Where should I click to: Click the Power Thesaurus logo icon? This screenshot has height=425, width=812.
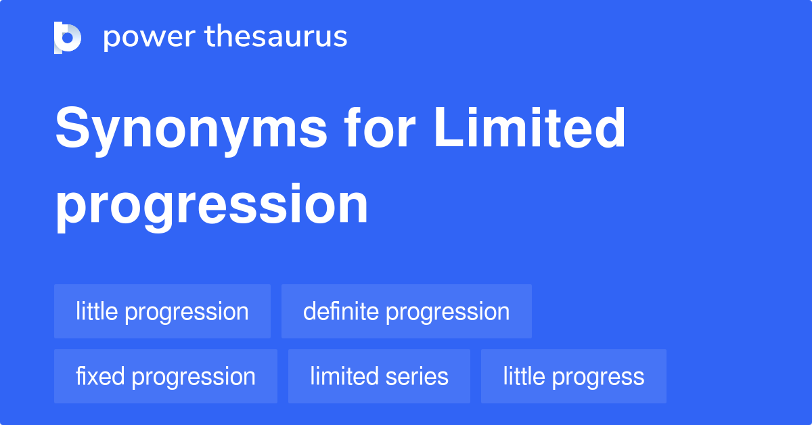(x=68, y=37)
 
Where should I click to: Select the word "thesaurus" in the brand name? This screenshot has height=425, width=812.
(x=276, y=37)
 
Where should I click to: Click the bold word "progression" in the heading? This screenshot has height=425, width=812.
(x=212, y=206)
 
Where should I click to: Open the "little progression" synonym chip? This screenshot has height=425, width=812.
(x=162, y=311)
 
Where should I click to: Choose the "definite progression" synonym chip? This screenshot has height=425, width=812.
(x=406, y=311)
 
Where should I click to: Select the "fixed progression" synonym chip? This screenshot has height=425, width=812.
(x=165, y=376)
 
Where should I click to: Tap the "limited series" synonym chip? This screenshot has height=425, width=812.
(x=379, y=376)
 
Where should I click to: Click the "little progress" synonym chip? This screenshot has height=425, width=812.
(x=573, y=376)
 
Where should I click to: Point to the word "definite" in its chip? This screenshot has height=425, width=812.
(x=342, y=311)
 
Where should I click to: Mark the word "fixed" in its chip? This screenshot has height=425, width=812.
(x=100, y=376)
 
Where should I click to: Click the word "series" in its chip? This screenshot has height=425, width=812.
(x=423, y=376)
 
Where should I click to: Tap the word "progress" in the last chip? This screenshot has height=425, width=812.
(x=602, y=377)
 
